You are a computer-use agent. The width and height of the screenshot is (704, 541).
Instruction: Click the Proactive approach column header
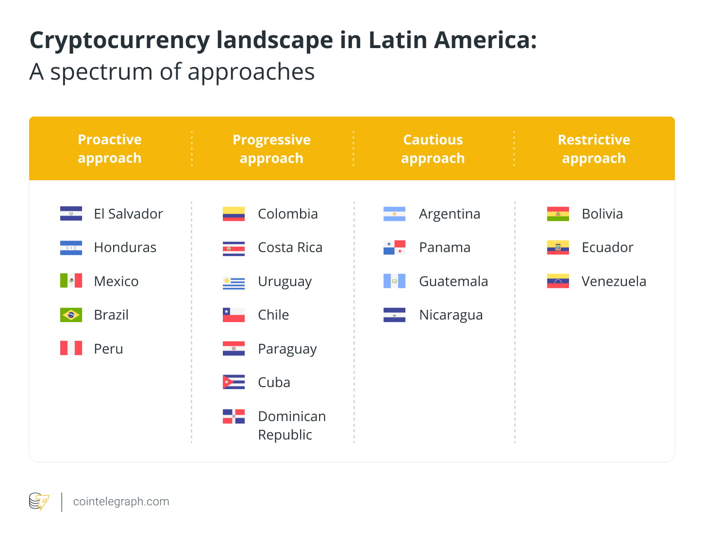pos(110,149)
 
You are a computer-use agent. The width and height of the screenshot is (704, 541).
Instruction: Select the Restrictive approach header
pos(594,149)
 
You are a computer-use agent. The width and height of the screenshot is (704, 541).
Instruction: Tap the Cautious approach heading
pos(433,149)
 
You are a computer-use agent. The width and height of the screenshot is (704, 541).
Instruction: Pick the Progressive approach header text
pos(271,149)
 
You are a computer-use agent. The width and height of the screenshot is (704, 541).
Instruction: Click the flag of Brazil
pos(71,315)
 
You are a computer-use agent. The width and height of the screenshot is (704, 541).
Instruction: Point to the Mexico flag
pos(71,281)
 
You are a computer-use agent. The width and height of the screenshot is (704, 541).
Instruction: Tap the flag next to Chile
pos(234,315)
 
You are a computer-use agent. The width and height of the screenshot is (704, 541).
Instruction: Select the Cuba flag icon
pos(234,382)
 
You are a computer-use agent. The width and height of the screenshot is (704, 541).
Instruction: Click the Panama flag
pos(394,247)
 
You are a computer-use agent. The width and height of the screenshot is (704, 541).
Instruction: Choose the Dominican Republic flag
pos(234,416)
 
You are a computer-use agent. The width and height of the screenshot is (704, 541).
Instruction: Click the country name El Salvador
pos(128,214)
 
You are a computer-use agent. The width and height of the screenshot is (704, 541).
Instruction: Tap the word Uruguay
pos(285,282)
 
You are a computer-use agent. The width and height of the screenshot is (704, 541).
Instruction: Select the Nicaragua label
pos(451,315)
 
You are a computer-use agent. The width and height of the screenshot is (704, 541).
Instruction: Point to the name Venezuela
pos(614,281)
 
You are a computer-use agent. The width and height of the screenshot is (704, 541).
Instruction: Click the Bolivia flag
pos(558,214)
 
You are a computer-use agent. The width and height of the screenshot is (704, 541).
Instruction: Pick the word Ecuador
pos(607,247)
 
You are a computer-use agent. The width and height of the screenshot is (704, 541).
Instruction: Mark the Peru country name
pos(108,349)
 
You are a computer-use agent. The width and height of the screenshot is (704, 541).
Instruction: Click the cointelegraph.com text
pos(121,502)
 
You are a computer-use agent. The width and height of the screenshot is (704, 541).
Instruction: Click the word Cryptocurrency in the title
pos(119,40)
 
